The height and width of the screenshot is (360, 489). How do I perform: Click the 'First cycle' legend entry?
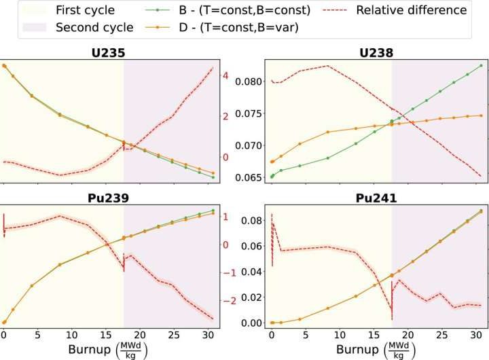pos(86,10)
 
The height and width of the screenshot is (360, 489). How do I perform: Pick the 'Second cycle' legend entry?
pos(93,28)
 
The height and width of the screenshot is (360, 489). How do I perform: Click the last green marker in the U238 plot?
pos(481,66)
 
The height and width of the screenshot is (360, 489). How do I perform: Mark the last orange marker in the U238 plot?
pos(481,115)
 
